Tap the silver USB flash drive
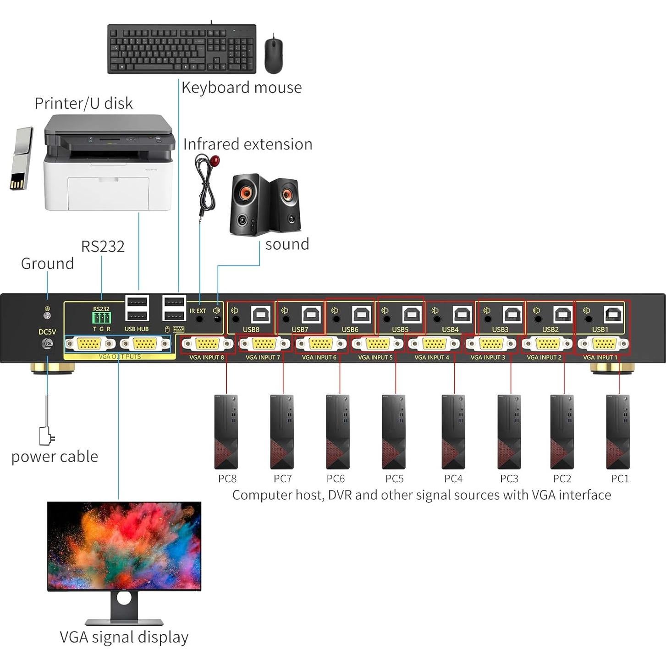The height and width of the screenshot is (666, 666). pos(21,159)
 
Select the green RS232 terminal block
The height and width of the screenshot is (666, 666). pos(101,318)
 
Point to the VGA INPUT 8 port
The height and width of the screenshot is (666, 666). pos(207,344)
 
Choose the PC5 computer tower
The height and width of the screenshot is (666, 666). pos(393,431)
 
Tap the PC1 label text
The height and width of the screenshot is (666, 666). pos(620,479)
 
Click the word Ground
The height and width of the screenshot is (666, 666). pos(47,264)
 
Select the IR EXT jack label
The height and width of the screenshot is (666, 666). pos(198,311)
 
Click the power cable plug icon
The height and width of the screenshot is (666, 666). pos(46,435)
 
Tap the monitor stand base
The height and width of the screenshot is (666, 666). pos(124,622)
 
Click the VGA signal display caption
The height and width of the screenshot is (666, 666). pos(124,637)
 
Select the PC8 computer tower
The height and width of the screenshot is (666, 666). pos(226,431)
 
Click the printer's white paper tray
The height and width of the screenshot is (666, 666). pos(108,193)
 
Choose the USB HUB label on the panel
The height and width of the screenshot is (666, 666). pos(137,329)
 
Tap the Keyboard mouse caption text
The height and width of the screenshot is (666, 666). pos(242,88)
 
